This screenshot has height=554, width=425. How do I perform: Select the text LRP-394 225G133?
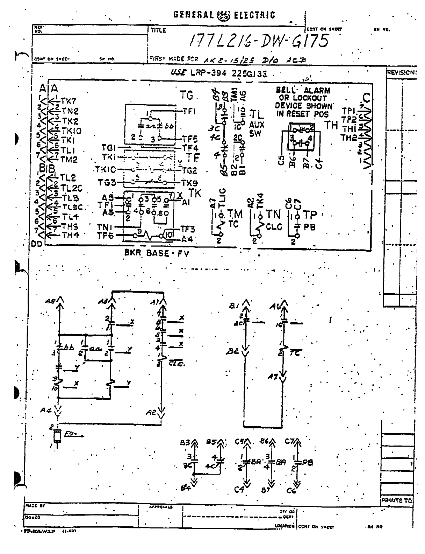230,73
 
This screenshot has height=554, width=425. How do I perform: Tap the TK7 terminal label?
68,101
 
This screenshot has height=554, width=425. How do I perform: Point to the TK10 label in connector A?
71,131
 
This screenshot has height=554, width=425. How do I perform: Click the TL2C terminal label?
71,188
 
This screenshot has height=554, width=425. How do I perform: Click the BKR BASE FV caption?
157,253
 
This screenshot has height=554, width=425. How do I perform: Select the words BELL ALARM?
303,91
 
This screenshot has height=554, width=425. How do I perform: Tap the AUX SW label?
257,128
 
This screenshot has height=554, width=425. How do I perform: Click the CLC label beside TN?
274,227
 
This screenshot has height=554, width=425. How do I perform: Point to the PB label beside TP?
309,227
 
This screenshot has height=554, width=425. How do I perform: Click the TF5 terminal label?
190,139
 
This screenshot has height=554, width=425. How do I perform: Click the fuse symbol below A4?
57,436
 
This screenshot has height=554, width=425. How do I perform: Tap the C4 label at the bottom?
239,490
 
